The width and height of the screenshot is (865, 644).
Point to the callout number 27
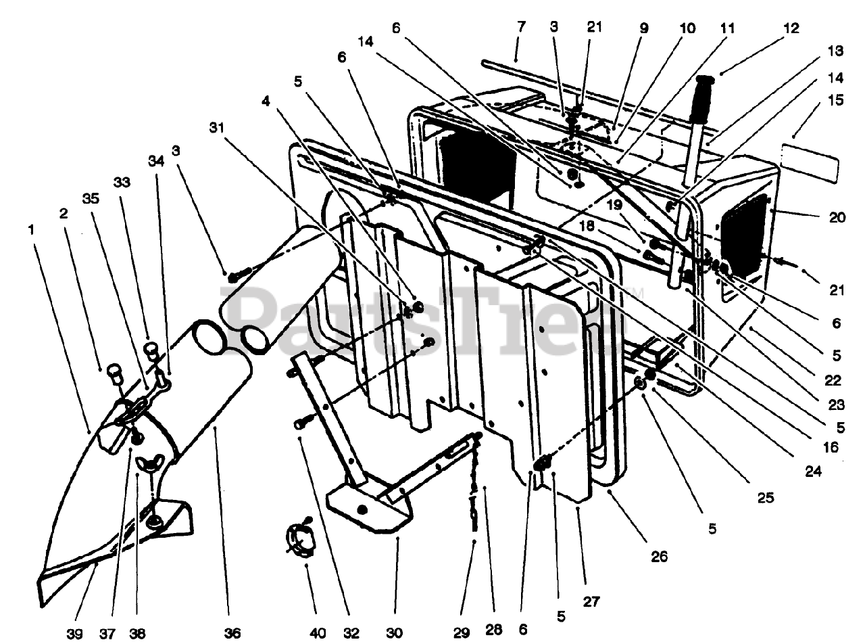pos(591,601)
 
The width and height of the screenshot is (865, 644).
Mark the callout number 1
pos(30,229)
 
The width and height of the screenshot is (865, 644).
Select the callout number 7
pos(520,28)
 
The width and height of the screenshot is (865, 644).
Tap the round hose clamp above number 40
pos(297,538)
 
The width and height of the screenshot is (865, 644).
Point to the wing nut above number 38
pos(147,464)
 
